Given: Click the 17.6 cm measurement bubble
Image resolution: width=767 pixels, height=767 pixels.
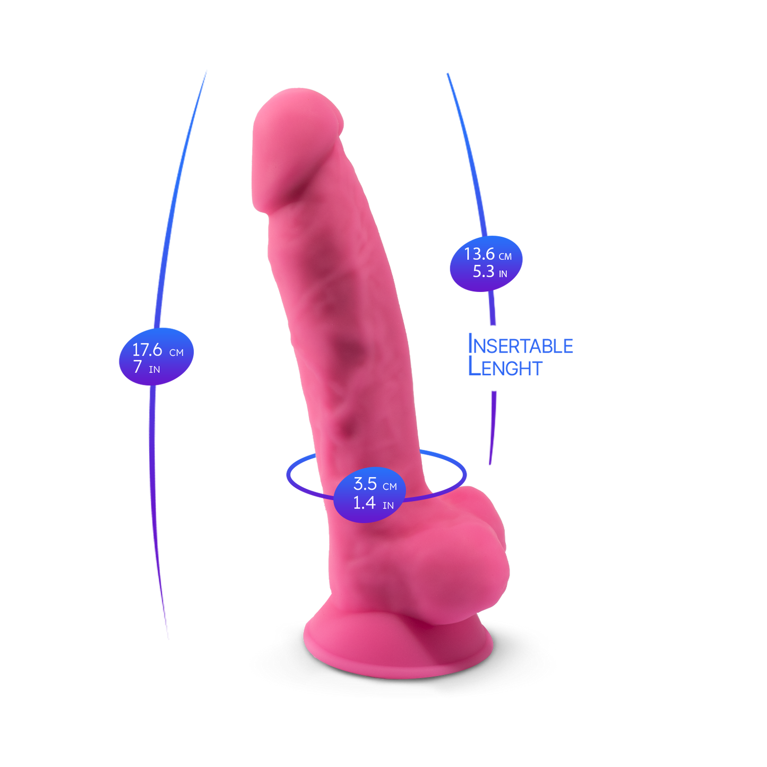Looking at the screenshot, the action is tap(156, 357).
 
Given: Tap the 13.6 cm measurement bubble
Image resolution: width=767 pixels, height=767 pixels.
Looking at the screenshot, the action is tap(486, 263).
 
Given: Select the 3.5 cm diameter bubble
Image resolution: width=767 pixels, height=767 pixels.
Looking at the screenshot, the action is tap(369, 494).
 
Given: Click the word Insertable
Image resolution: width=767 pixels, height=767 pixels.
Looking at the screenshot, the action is tap(521, 344).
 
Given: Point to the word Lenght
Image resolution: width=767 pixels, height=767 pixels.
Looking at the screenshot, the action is tap(505, 367).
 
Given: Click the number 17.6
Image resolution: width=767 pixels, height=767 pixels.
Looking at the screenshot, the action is tap(147, 350).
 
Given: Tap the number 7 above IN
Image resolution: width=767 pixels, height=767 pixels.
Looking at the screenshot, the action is tap(137, 367).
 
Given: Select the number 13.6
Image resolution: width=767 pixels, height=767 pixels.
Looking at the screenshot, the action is tap(479, 254).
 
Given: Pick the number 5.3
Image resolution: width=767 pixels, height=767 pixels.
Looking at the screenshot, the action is tap(483, 271).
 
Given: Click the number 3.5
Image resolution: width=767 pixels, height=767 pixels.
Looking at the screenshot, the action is tap(365, 484).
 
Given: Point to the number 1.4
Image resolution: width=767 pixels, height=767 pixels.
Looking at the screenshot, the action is tap(365, 503).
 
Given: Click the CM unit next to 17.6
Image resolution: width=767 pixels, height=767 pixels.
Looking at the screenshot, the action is tap(176, 352).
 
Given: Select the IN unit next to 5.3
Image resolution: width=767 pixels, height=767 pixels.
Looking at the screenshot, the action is tap(503, 274).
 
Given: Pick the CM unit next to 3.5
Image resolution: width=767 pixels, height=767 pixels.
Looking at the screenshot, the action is tap(390, 487).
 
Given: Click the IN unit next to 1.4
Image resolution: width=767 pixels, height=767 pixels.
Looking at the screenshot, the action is tap(388, 506).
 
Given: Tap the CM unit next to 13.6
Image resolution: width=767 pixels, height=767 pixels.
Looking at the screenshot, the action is tap(505, 257).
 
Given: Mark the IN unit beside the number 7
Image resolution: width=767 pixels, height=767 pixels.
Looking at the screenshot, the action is tap(154, 370).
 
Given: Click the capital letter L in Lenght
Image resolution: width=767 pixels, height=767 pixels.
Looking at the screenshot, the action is tap(475, 366).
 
